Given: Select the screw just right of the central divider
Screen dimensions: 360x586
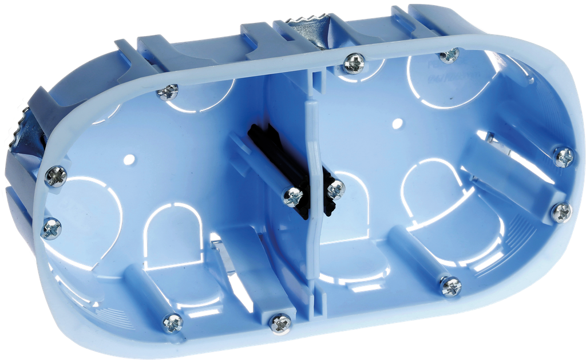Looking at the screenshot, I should pyautogui.click(x=336, y=189).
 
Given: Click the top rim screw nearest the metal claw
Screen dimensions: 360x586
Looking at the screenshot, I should pyautogui.click(x=354, y=62).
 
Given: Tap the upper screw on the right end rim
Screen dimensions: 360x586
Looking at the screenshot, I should pyautogui.click(x=564, y=156).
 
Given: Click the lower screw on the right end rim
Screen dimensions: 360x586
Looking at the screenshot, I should pyautogui.click(x=561, y=212).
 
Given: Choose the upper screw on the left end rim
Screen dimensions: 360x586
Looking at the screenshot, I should pyautogui.click(x=57, y=175).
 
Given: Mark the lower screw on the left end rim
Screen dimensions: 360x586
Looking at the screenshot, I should pyautogui.click(x=52, y=228).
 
